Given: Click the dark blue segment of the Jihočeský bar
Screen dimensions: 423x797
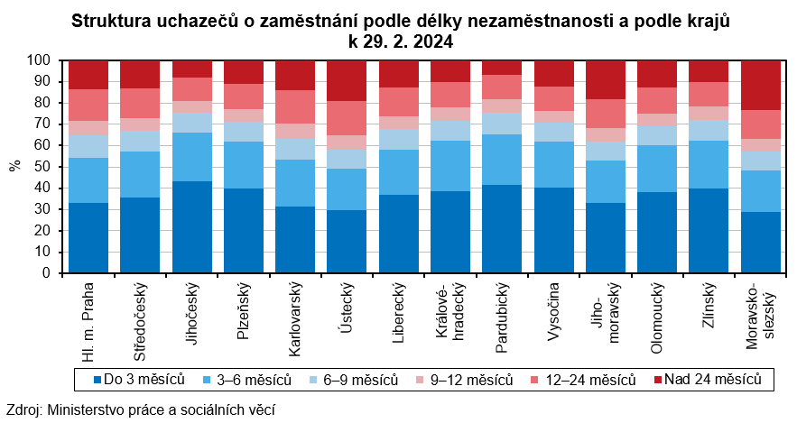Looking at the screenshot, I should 191,226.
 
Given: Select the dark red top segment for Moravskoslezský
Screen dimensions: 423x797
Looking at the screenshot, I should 761,86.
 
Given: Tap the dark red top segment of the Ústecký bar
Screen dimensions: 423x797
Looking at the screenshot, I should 347,81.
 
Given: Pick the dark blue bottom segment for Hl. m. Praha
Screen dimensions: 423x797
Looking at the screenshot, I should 88,237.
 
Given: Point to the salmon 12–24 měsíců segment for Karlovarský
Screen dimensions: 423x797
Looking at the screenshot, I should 295,106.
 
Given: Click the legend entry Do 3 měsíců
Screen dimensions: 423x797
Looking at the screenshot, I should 139,379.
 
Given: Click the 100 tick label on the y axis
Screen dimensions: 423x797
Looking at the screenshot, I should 40,60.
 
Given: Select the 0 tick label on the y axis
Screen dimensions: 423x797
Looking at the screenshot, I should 48,272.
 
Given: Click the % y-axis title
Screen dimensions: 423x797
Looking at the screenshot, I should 14,166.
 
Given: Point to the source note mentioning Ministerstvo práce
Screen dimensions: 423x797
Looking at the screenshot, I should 140,409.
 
